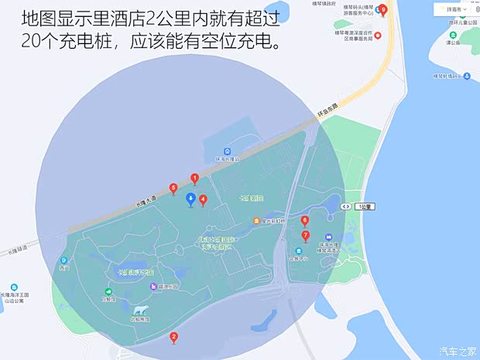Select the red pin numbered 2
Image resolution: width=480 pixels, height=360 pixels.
click(x=173, y=337)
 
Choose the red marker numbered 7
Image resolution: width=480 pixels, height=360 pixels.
click(x=305, y=235)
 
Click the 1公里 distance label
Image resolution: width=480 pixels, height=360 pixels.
click(x=364, y=207)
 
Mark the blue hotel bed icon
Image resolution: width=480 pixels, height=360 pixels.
click(x=328, y=237)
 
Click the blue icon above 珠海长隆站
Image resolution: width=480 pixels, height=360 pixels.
click(x=227, y=151)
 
